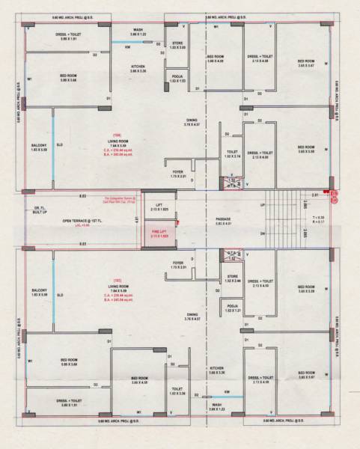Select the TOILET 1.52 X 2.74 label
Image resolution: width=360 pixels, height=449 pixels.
click(x=233, y=154)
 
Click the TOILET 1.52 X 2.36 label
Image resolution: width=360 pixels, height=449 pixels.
click(x=177, y=391)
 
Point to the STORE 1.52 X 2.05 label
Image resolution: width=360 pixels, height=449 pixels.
click(x=177, y=45)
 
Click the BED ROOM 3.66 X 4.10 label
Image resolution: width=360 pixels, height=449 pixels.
click(x=141, y=380)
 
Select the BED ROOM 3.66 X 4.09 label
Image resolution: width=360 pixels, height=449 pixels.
click(x=216, y=59)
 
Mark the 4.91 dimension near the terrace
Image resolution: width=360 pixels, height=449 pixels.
click(x=137, y=220)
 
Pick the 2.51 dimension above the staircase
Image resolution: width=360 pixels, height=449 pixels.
click(x=316, y=195)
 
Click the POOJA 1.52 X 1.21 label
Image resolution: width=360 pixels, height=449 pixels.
click(x=232, y=308)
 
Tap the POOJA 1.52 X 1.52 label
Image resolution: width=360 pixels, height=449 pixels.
click(x=177, y=79)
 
